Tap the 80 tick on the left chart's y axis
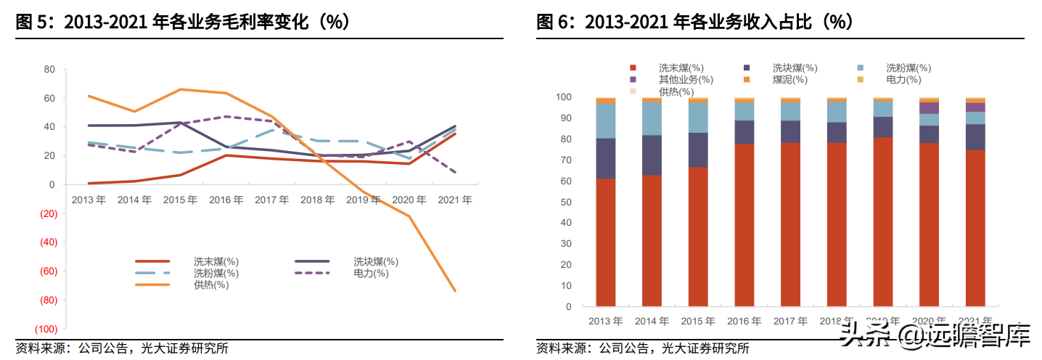click(x=49, y=70)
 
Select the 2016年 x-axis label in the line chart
click(x=226, y=200)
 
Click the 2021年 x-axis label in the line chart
click(x=454, y=200)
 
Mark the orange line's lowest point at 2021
click(x=454, y=291)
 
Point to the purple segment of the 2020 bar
click(x=929, y=108)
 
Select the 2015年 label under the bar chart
click(x=698, y=321)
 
